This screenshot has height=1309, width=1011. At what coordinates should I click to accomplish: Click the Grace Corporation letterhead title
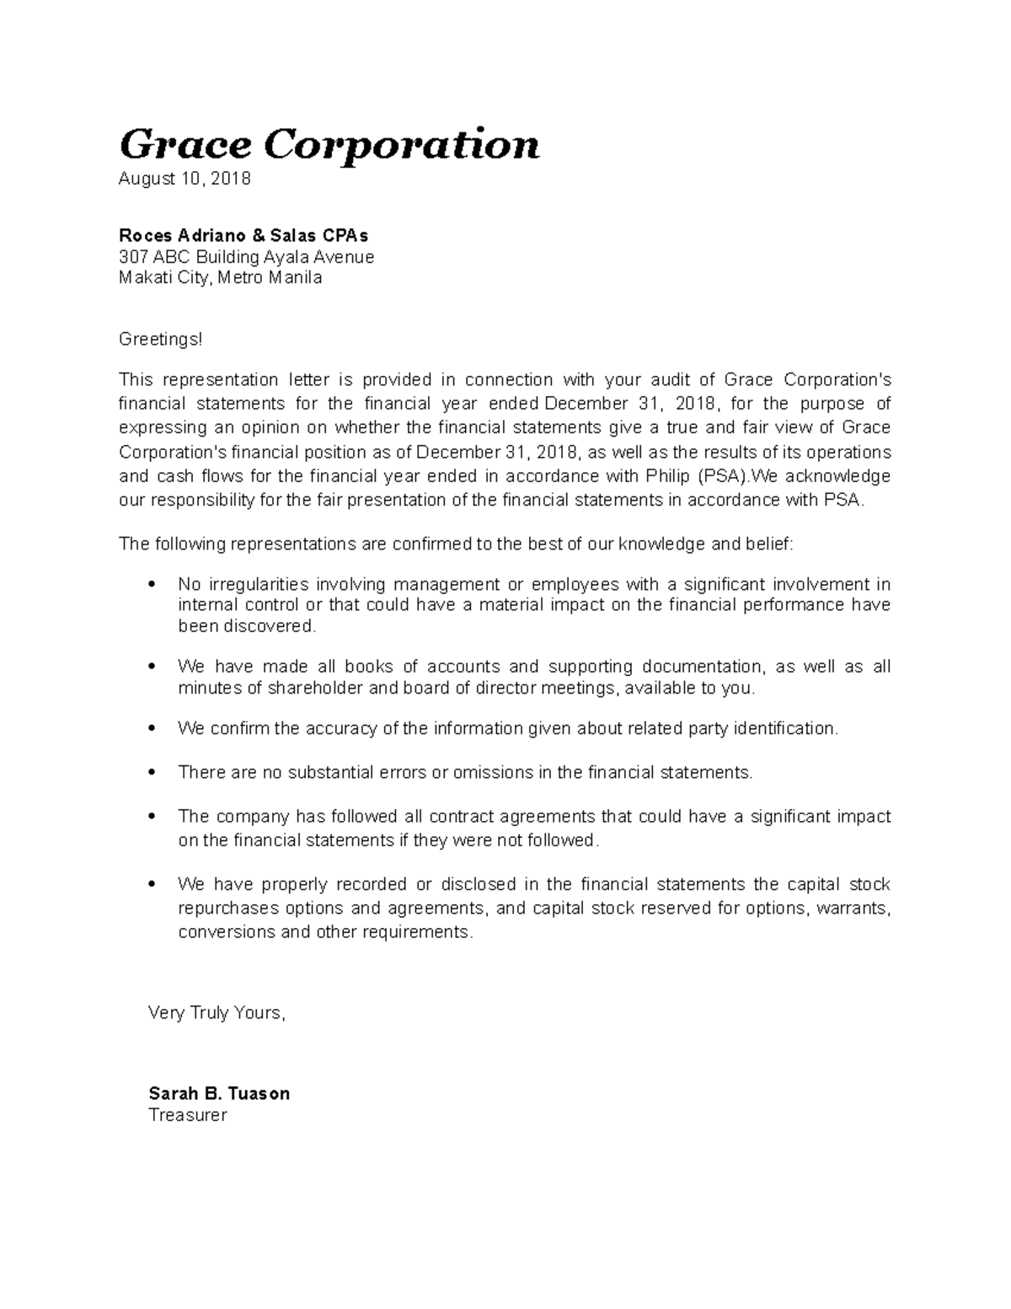pos(329,145)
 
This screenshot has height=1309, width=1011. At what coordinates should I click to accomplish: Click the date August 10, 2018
pos(185,179)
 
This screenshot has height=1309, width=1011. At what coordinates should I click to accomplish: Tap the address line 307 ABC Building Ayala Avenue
pos(246,257)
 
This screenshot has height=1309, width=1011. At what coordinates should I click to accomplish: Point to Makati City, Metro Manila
pos(220,277)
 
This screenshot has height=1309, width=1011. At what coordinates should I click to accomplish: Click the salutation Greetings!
pos(161,339)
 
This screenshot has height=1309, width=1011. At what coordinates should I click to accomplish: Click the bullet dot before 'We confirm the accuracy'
pos(152,729)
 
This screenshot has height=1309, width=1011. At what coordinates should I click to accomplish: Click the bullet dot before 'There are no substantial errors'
pos(152,773)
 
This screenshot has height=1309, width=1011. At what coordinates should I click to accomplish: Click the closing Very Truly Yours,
pos(217,1013)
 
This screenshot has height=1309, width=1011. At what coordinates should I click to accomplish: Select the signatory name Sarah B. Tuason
pos(219,1093)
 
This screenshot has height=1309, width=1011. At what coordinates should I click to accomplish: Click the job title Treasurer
pos(188,1115)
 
